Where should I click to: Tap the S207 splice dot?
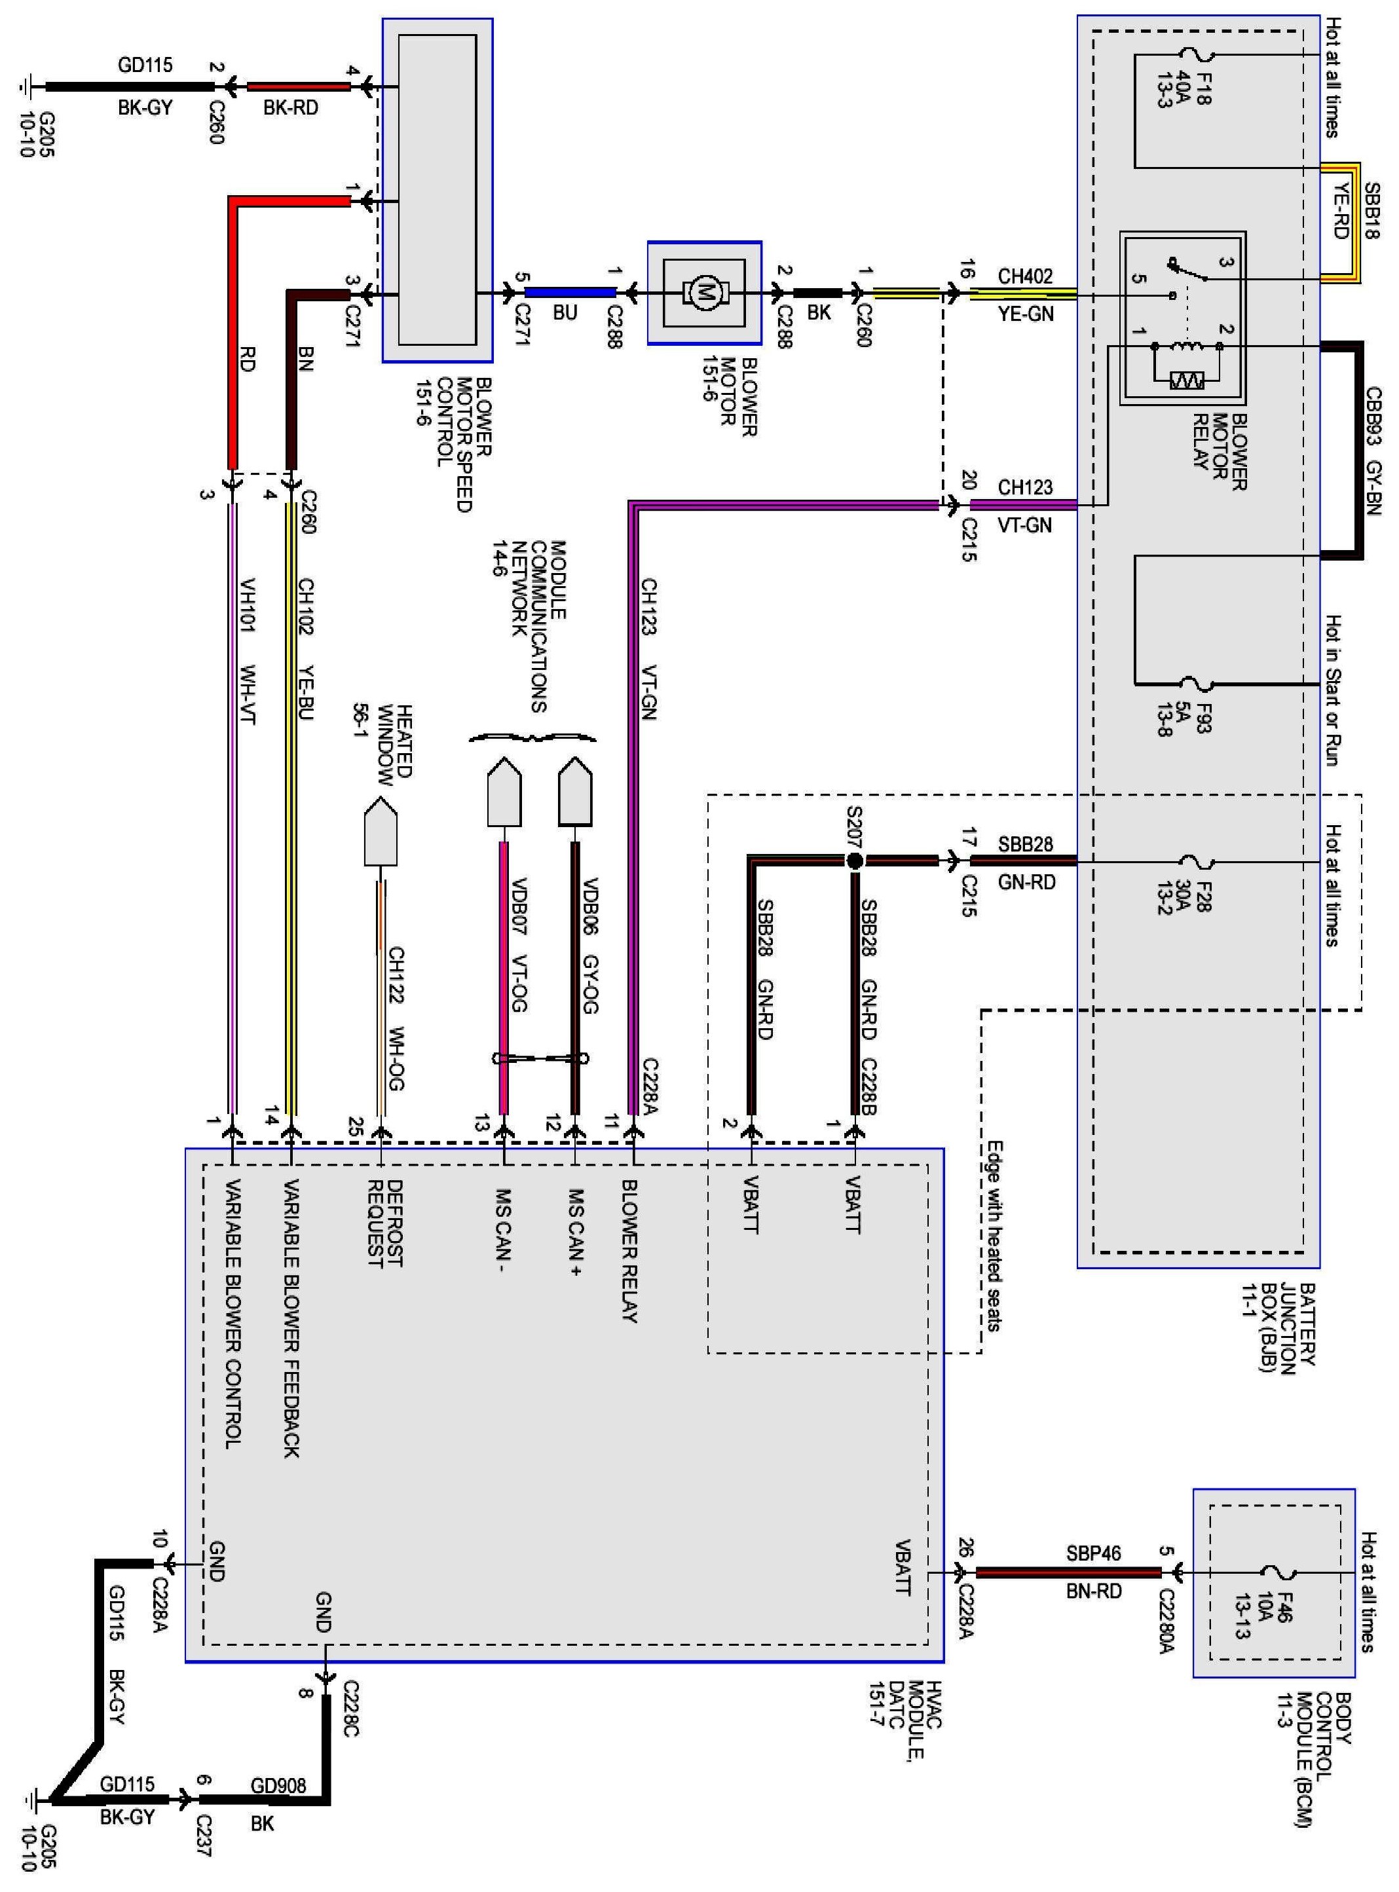point(855,861)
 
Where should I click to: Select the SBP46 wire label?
point(1092,1554)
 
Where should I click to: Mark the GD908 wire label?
point(278,1785)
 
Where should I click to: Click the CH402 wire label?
point(1025,276)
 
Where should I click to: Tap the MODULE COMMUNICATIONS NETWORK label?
point(526,627)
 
